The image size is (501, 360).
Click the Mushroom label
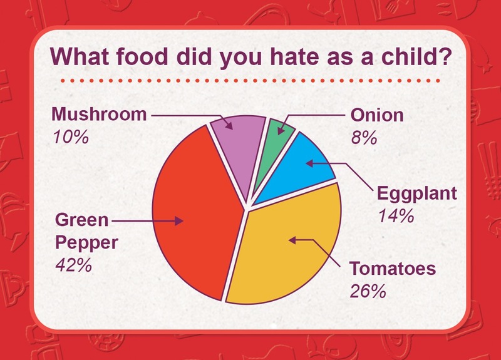click(99, 115)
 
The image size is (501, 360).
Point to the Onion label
click(377, 115)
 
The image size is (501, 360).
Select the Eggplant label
click(417, 194)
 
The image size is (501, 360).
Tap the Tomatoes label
click(393, 268)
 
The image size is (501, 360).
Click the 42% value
click(74, 265)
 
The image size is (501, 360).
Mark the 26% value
click(368, 291)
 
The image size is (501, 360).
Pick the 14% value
click(396, 215)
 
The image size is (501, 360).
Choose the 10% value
click(71, 137)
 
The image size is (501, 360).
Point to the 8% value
click(364, 138)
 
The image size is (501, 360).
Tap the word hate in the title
click(294, 56)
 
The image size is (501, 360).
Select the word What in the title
click(80, 56)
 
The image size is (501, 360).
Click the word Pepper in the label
click(86, 244)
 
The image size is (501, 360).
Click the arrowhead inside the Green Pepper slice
click(179, 221)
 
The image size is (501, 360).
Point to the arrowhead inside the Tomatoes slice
click(292, 240)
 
